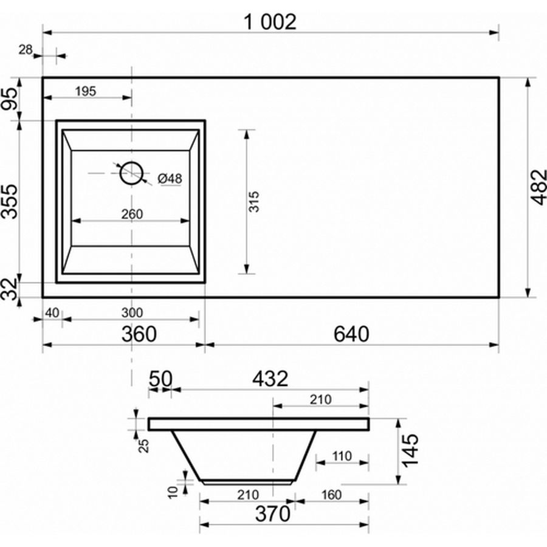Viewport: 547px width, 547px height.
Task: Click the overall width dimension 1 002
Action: [270, 22]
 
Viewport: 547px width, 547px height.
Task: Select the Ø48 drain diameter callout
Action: [170, 179]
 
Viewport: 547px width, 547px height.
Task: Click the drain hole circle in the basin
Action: [131, 173]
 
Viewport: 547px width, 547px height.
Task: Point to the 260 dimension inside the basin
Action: [132, 214]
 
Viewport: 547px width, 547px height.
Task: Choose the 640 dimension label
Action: [351, 334]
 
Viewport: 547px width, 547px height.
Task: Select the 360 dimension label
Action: [139, 334]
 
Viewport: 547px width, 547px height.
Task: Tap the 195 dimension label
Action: [86, 91]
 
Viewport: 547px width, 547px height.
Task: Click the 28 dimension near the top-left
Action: [26, 50]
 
